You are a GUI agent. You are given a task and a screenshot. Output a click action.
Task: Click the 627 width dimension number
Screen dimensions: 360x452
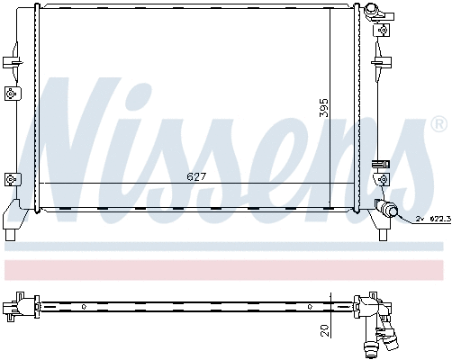[196, 177]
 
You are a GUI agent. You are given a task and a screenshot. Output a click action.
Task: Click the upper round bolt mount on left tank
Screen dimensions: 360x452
[10, 93]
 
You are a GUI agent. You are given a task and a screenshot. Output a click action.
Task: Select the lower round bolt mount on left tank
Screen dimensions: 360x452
[10, 177]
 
